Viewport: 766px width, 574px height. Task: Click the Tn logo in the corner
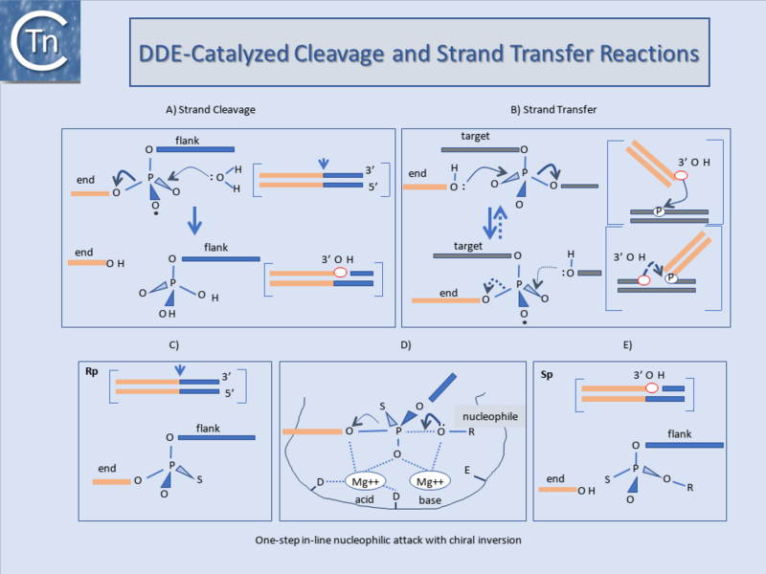coord(40,41)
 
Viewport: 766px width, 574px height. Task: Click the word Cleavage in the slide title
coord(339,55)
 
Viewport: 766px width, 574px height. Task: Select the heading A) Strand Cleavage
coord(210,110)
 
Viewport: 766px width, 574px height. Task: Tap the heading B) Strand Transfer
coord(553,110)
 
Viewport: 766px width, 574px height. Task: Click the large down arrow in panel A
coord(194,221)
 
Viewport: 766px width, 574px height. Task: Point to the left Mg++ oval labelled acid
coord(366,482)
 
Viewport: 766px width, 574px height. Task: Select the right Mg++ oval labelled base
coord(430,482)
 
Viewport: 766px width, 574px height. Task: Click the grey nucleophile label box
coord(490,416)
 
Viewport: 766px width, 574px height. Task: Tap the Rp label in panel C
coord(91,371)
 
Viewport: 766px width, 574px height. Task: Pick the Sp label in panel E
coord(547,375)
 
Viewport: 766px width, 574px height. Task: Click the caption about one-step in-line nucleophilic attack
coord(389,541)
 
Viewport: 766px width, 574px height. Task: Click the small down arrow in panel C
coord(180,370)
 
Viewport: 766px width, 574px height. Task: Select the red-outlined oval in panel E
coord(652,388)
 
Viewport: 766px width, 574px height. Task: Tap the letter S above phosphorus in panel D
coord(382,406)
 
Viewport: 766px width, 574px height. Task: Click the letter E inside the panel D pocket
coord(467,470)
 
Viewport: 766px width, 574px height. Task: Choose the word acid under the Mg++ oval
coord(365,499)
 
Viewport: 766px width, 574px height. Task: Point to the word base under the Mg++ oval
coord(430,500)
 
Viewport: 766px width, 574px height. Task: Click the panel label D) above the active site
coord(405,345)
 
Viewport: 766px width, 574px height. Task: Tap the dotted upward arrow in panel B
coord(500,222)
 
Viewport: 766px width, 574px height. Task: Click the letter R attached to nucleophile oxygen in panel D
coord(471,432)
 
